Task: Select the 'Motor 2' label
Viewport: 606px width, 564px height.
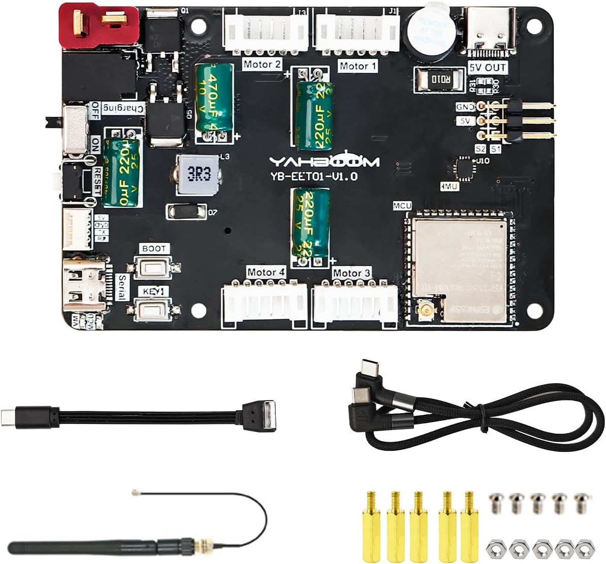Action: [x=262, y=64]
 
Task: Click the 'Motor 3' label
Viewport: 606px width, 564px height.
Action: [x=351, y=273]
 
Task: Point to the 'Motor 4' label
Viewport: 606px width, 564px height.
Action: [x=266, y=273]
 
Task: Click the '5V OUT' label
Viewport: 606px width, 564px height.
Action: [x=488, y=68]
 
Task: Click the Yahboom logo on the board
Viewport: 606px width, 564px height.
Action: [x=324, y=161]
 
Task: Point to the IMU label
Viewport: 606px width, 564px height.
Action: [x=450, y=186]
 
